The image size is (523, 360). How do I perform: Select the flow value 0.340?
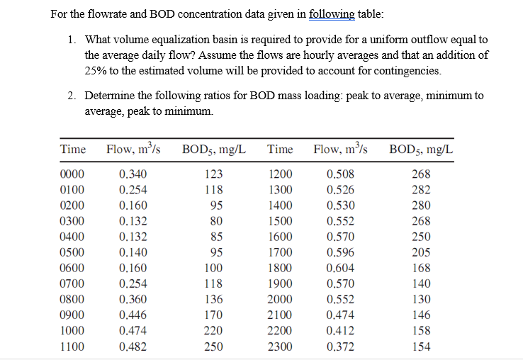(x=134, y=174)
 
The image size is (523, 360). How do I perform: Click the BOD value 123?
(x=213, y=174)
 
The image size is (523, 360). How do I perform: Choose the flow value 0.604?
(x=341, y=268)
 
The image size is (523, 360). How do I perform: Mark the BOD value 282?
(x=421, y=190)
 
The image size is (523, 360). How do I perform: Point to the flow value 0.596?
(x=341, y=252)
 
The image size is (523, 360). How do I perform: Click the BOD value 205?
(x=421, y=252)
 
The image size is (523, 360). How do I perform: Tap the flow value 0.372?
(x=341, y=346)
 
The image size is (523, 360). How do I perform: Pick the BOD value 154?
(x=421, y=346)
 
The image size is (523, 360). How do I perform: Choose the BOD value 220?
(x=213, y=330)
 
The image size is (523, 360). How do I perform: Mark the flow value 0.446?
(x=134, y=315)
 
